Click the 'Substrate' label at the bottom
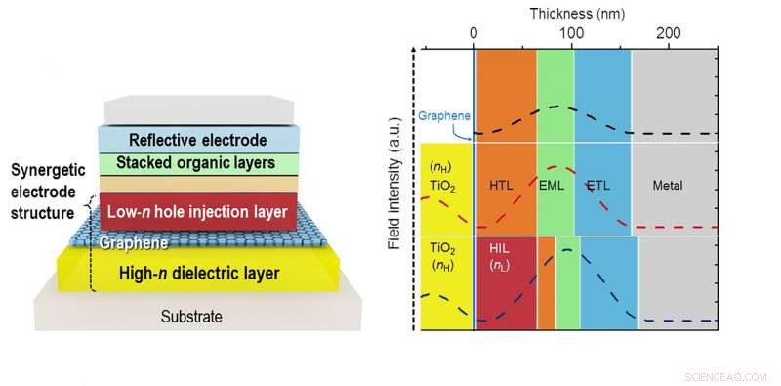(191, 317)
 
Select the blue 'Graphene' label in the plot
(442, 114)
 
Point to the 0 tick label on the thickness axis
(474, 33)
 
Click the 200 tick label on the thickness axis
(669, 33)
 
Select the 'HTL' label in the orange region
(501, 186)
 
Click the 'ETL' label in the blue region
(597, 186)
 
